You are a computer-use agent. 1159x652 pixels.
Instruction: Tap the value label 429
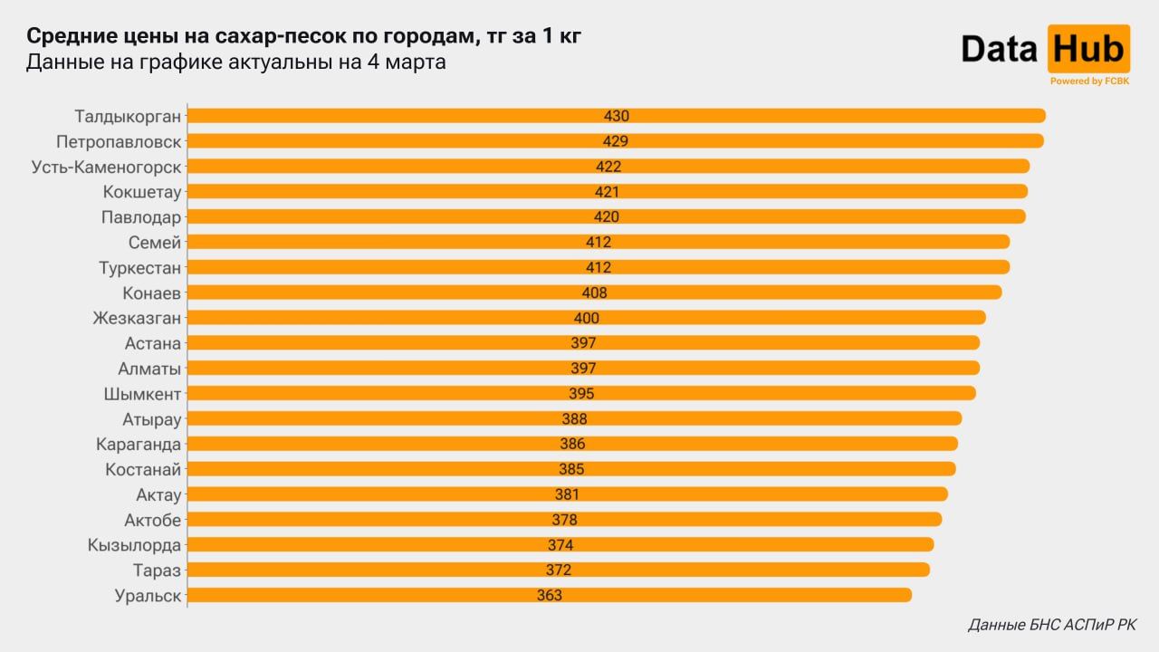pos(616,141)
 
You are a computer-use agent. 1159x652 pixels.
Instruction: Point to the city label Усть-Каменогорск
pos(107,167)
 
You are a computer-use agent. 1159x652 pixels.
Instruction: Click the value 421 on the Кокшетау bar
pos(607,192)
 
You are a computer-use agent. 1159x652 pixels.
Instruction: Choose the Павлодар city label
pos(140,217)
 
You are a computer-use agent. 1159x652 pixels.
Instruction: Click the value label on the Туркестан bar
pos(599,268)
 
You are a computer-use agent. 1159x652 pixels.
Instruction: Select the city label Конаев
pos(151,293)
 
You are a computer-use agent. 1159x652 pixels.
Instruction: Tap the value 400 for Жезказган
pos(587,319)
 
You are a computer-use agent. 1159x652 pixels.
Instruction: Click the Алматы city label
pos(149,369)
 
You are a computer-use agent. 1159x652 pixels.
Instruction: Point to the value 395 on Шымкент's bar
pos(581,394)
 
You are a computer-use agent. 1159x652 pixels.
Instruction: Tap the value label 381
pos(567,494)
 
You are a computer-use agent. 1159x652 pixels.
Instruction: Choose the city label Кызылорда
pos(134,545)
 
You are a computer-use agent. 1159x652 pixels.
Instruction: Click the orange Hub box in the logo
pos(1088,48)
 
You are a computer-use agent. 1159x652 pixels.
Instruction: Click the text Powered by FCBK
pos(1088,81)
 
